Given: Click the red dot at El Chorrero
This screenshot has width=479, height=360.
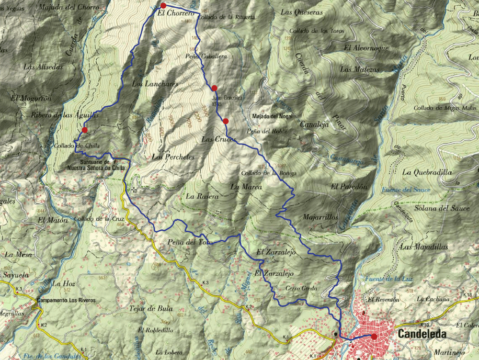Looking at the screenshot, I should tap(163, 6).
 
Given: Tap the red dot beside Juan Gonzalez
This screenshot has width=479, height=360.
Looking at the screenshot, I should tap(214, 88).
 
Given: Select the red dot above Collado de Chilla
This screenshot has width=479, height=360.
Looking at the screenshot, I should tap(85, 130).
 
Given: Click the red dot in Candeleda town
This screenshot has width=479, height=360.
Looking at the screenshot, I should tap(374, 336).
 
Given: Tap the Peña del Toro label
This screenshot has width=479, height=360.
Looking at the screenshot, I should tap(189, 242).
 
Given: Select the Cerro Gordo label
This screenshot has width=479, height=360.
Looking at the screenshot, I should tap(302, 288).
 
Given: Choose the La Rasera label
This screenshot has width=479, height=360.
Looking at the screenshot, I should tap(201, 197).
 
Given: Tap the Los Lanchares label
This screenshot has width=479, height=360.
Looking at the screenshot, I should tap(155, 84).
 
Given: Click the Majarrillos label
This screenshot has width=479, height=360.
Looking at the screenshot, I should tap(321, 217).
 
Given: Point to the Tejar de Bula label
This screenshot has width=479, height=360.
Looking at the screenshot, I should tap(150, 308).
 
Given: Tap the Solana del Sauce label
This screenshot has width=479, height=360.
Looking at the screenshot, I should tap(442, 208).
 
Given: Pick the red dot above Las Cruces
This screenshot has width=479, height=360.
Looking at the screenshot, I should tap(225, 121).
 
